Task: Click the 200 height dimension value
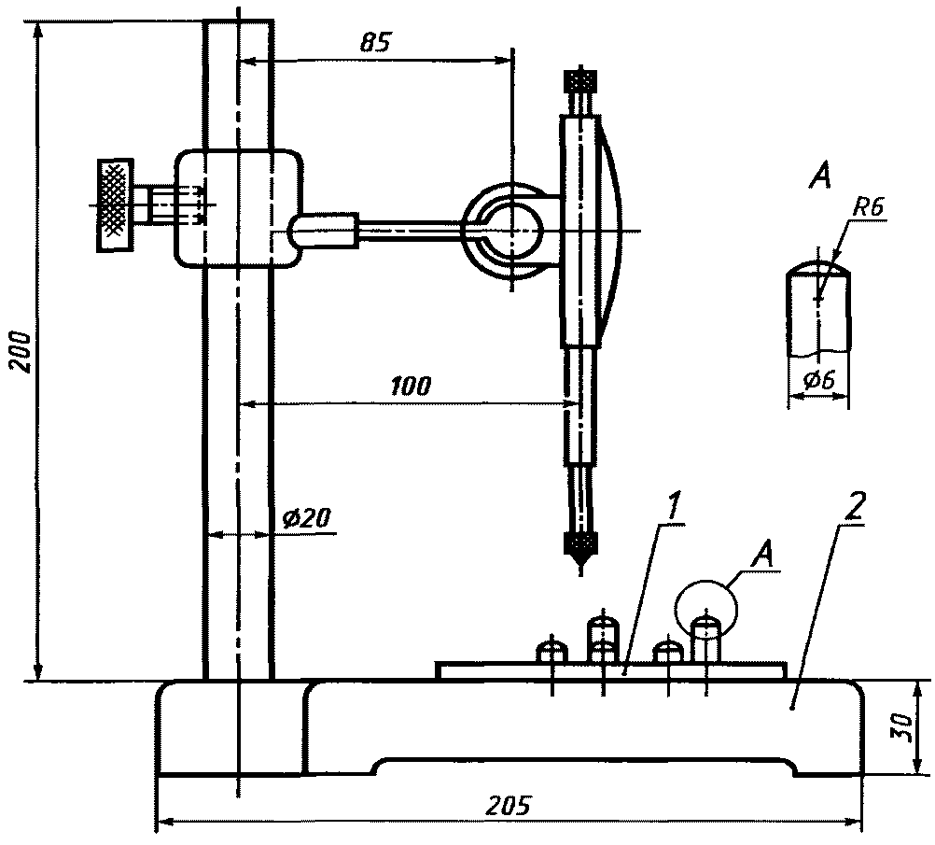click(21, 351)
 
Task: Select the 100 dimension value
click(411, 387)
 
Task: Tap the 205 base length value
click(507, 806)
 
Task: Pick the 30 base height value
click(904, 727)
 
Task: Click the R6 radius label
click(868, 207)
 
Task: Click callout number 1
click(673, 507)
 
